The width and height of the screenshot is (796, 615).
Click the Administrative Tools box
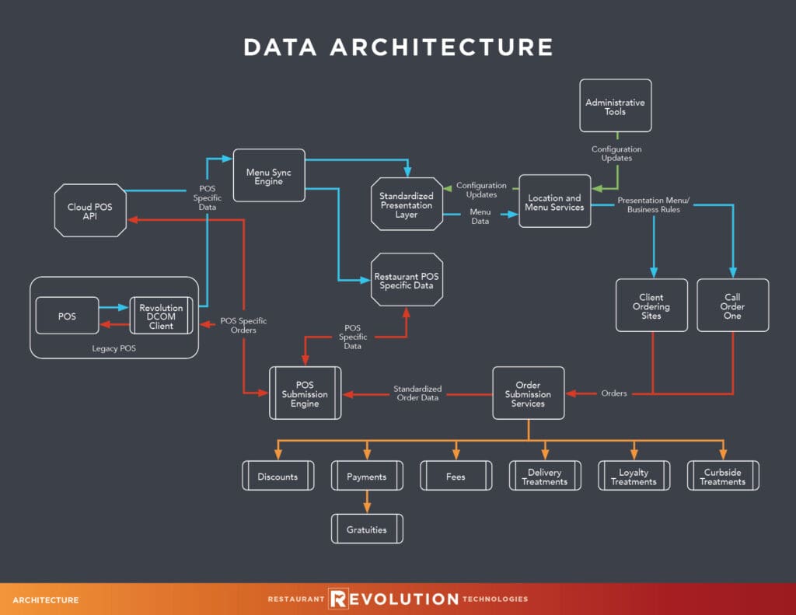pos(616,106)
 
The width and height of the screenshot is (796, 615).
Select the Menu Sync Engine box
pos(268,176)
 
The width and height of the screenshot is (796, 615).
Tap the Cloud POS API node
pos(90,211)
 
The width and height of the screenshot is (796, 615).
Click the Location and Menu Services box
pos(555,202)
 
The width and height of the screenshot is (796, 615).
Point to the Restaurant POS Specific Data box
pos(407,281)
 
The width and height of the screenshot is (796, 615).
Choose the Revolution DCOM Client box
pos(161,317)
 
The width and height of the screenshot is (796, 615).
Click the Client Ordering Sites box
pos(651,306)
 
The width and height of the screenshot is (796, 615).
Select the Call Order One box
pos(732,306)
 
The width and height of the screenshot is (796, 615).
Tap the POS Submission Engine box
pos(305,394)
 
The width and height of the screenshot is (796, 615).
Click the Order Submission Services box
pos(529,394)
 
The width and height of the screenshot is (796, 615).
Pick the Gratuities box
pos(367,529)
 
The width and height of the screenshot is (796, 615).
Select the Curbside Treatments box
pos(723,477)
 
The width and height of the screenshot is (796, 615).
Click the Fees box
pos(456,477)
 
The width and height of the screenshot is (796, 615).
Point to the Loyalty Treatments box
pos(634,477)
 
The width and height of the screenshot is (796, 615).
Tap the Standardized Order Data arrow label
pos(417,393)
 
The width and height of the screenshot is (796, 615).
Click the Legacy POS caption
pos(114,348)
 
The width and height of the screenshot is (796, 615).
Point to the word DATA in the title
pos(280,47)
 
